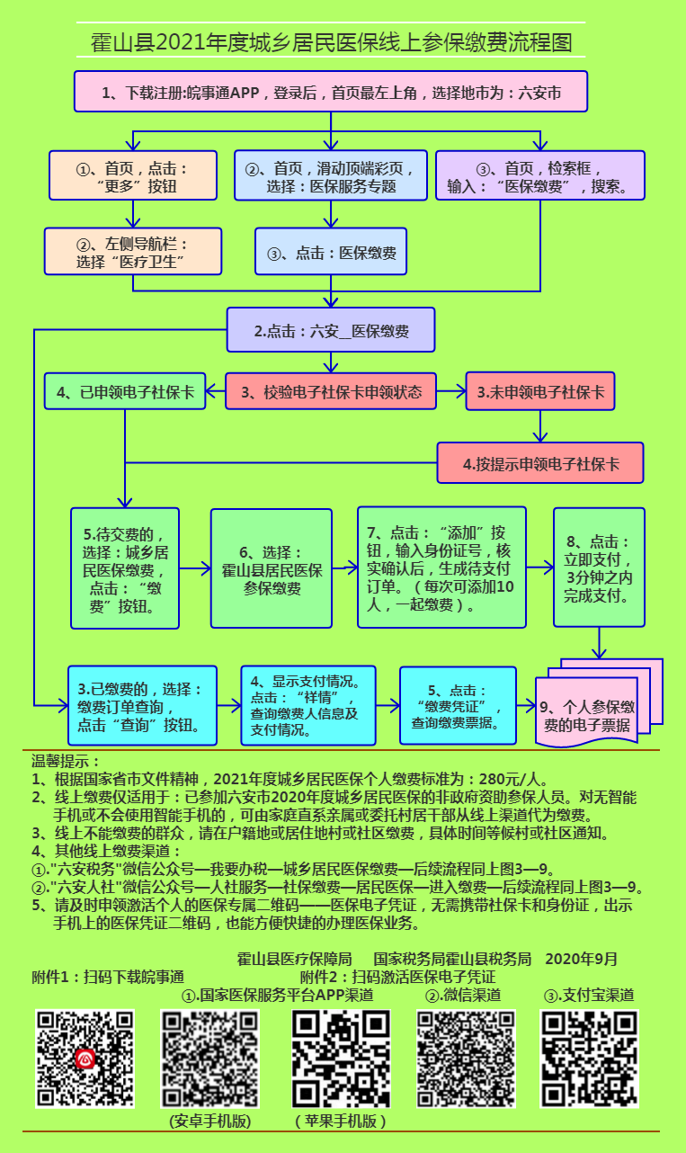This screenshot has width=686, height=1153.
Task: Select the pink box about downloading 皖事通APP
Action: point(331,92)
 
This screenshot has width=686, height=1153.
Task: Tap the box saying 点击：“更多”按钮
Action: point(133,175)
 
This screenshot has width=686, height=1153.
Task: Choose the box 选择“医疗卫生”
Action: point(133,251)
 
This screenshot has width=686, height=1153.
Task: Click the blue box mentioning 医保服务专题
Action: point(330,175)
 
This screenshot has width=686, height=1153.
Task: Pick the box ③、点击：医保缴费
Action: point(331,252)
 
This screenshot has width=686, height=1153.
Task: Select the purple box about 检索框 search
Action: point(539,175)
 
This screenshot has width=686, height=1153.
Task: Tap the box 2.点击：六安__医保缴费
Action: point(331,330)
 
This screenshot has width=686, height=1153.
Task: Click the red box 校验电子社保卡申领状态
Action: point(331,392)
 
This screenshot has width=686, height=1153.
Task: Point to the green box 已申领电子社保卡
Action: point(125,392)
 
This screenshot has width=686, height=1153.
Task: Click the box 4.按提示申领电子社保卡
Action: point(540,463)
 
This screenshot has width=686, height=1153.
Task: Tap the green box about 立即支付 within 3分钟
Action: point(599,568)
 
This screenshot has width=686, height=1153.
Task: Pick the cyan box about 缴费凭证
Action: point(458,705)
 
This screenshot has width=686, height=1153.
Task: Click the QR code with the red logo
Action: point(85,1059)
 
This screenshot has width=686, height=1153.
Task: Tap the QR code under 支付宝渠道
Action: point(589,1059)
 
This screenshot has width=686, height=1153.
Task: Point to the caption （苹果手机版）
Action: point(341,1121)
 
